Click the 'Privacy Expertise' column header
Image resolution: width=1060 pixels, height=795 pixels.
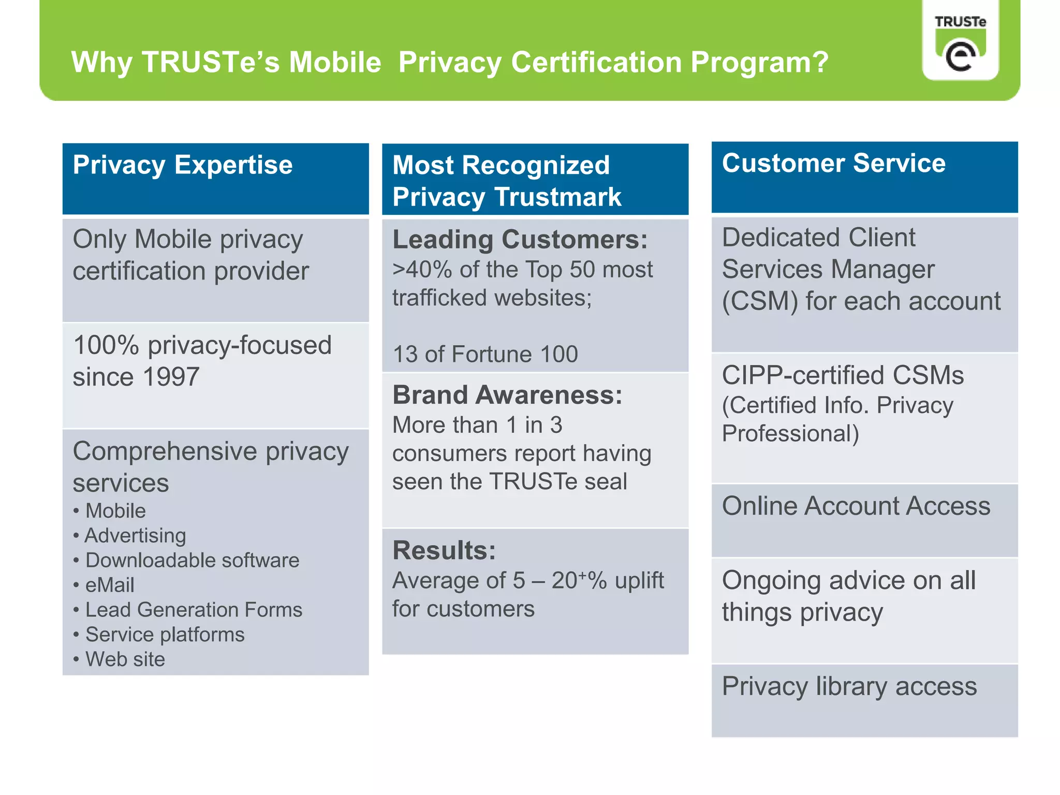(183, 166)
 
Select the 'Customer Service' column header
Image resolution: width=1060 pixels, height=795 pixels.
(833, 164)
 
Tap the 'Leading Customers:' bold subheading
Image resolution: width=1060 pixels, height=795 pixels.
(520, 240)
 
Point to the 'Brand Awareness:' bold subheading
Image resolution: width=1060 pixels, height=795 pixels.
(507, 395)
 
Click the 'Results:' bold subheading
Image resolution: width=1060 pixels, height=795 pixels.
(444, 551)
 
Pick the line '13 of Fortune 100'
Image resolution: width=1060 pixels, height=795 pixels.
(485, 355)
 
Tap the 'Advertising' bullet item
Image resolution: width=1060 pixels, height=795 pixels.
(135, 536)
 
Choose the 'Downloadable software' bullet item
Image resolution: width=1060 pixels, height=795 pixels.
(192, 561)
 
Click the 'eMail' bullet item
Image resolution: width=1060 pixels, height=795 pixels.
(110, 585)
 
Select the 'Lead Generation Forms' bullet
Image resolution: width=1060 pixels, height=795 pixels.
(194, 610)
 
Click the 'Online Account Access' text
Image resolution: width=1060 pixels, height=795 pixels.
(856, 506)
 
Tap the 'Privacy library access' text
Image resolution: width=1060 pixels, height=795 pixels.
(849, 687)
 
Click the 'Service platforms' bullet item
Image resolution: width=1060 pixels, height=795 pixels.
(165, 635)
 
